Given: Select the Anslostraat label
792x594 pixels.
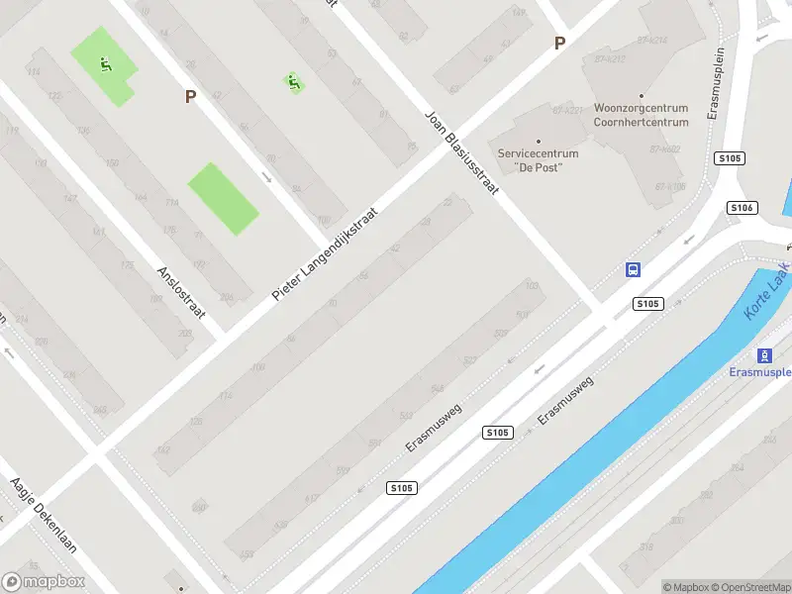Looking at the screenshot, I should pyautogui.click(x=181, y=291).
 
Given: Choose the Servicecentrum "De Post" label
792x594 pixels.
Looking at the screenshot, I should pyautogui.click(x=539, y=160).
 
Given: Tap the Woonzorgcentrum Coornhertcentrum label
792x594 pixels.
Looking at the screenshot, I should pyautogui.click(x=641, y=115).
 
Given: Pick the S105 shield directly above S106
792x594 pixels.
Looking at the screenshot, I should pyautogui.click(x=730, y=158).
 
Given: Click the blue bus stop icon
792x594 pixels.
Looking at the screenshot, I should pyautogui.click(x=633, y=269).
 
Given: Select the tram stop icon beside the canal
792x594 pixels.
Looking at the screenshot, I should pyautogui.click(x=764, y=355).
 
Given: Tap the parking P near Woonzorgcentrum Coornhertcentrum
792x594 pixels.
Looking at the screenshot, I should pyautogui.click(x=559, y=43).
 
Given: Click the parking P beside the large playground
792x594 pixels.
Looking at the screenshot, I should pyautogui.click(x=191, y=96).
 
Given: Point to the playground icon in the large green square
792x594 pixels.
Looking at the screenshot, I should pyautogui.click(x=104, y=66).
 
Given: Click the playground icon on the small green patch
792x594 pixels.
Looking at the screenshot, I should pyautogui.click(x=293, y=83).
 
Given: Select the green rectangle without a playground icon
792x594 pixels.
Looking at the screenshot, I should pyautogui.click(x=224, y=199).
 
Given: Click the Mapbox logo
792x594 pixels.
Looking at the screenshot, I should pyautogui.click(x=44, y=582).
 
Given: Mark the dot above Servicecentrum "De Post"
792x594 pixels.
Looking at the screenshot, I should pyautogui.click(x=539, y=142).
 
